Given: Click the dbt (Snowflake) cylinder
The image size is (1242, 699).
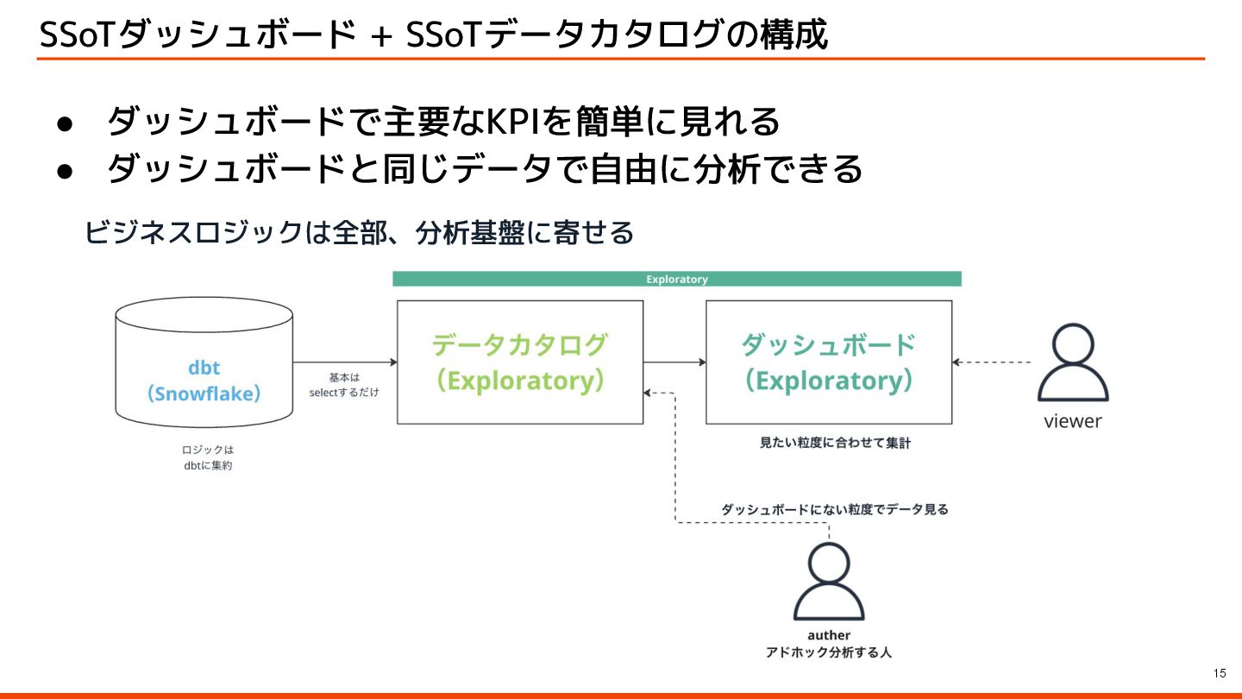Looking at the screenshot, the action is click(x=204, y=362).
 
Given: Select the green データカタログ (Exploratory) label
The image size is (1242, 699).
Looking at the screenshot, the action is click(x=519, y=362).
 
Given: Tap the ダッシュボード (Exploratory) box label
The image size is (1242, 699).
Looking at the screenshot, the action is click(x=828, y=362).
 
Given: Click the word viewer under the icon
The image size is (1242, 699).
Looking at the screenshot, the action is click(x=1073, y=422).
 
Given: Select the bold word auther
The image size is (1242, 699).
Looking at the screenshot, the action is click(x=828, y=636).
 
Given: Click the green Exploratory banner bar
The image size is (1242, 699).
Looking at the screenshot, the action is click(x=676, y=280).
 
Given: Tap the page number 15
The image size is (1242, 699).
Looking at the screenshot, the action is click(x=1220, y=673).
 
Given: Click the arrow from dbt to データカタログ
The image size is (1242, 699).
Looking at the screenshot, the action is click(x=345, y=362).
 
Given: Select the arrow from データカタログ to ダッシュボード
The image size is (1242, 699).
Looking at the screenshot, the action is click(x=674, y=362).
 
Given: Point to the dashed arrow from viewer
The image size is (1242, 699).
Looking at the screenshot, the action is click(x=992, y=362).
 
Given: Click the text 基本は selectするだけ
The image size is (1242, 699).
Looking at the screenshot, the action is click(x=344, y=385).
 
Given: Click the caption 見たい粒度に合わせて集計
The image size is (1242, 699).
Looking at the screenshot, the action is click(x=834, y=444).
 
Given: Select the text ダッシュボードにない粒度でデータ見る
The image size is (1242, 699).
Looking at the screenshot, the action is click(x=834, y=510).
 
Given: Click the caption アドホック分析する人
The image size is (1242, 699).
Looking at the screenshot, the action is click(x=828, y=653).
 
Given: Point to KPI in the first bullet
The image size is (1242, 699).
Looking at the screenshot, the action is click(x=514, y=122).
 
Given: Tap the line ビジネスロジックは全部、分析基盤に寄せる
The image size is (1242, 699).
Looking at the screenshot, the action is click(x=359, y=233).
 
